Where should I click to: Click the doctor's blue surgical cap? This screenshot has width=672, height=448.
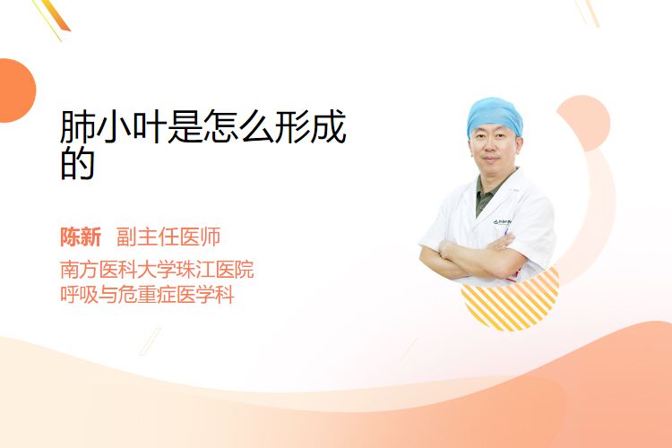495,115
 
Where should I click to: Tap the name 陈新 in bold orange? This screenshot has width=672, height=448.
81,237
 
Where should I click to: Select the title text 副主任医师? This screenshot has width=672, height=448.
168,237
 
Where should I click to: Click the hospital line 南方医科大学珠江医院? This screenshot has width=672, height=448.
157,270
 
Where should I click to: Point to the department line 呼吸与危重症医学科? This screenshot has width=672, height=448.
147,295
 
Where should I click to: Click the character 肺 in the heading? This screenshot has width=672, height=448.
77,127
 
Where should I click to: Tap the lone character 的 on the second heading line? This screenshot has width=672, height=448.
77,163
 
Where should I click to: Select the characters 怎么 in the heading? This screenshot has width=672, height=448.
238,127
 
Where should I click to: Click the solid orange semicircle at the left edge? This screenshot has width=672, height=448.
16,90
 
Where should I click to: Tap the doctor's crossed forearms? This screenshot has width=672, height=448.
471,256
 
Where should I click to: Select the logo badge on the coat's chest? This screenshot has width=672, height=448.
502,222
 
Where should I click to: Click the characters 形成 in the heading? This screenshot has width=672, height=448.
310,127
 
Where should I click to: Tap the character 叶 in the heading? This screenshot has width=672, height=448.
149,127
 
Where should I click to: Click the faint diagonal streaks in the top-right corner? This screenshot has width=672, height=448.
586,13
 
